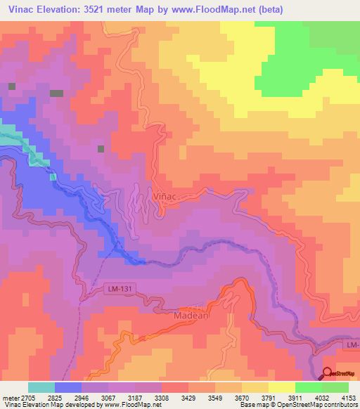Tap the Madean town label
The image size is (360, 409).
tap(188, 317)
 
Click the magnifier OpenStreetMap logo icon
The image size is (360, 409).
tap(328, 374)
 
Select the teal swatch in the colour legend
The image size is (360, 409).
tap(41, 387)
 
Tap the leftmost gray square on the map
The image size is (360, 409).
tap(11, 86)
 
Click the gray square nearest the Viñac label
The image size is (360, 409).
tap(101, 149)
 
